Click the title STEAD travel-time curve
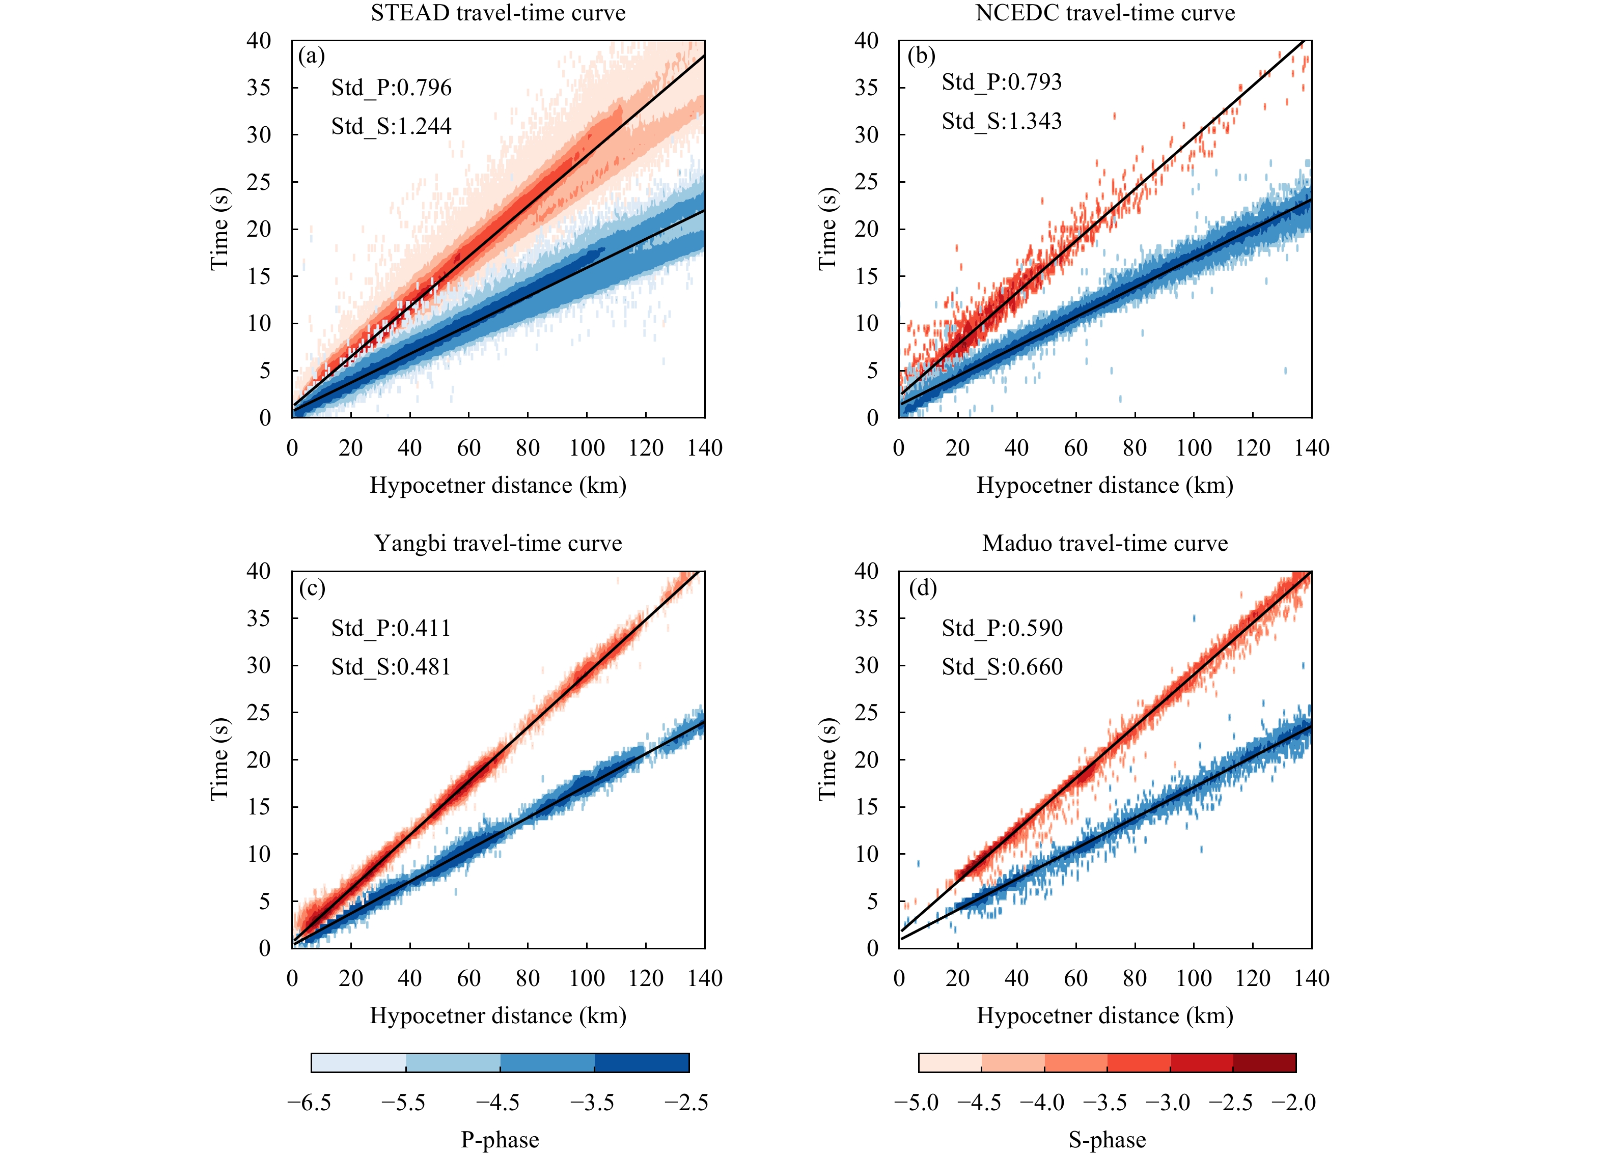tap(498, 13)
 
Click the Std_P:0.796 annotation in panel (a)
tap(391, 88)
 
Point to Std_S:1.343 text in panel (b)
tap(1002, 121)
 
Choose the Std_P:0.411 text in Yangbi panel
tap(391, 628)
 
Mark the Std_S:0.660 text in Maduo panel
tap(1002, 666)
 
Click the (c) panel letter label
tap(312, 588)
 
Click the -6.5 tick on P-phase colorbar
tap(309, 1103)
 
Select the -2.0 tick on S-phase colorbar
tap(1293, 1103)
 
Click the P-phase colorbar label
tap(500, 1139)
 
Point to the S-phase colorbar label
tap(1107, 1139)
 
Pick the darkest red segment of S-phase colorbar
tap(1264, 1062)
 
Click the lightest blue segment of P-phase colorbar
tap(358, 1062)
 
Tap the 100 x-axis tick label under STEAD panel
tap(586, 448)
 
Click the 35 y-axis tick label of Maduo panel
tap(866, 618)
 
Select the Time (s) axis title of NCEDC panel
tap(827, 229)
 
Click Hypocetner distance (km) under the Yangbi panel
tap(498, 1016)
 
